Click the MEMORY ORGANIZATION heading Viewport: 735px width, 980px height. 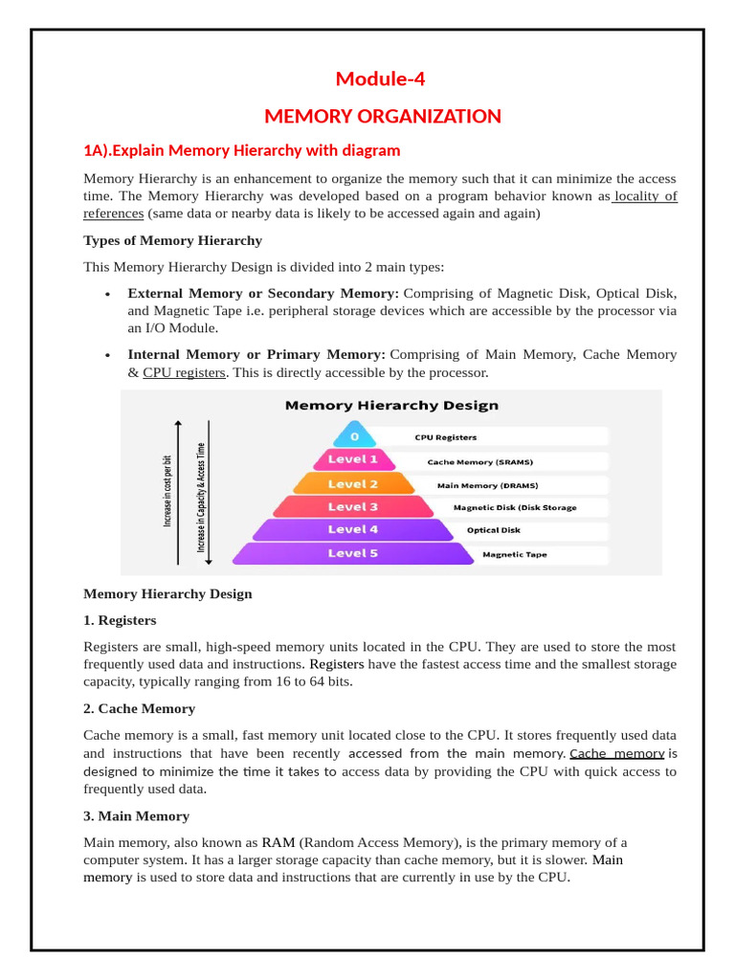click(x=382, y=117)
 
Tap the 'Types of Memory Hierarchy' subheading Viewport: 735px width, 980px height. click(x=172, y=240)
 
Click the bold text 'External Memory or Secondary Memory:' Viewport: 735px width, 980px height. click(x=263, y=293)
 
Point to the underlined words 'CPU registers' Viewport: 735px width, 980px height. click(x=184, y=372)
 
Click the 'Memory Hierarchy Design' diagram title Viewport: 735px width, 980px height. click(x=391, y=405)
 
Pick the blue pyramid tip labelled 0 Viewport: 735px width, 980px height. click(x=355, y=436)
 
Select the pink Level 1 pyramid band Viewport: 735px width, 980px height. click(x=353, y=459)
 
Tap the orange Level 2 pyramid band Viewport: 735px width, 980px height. click(x=353, y=483)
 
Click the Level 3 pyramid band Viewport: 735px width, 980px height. click(x=353, y=506)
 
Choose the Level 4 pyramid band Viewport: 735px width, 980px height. click(x=353, y=529)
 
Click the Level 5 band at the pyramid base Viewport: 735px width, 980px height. click(x=353, y=553)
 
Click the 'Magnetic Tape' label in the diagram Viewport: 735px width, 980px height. click(x=515, y=554)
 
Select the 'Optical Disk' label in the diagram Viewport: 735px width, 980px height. click(x=494, y=530)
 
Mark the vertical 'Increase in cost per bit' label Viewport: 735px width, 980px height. click(x=167, y=490)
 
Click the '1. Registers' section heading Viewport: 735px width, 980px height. click(x=120, y=620)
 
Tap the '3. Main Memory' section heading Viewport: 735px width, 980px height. click(x=136, y=816)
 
